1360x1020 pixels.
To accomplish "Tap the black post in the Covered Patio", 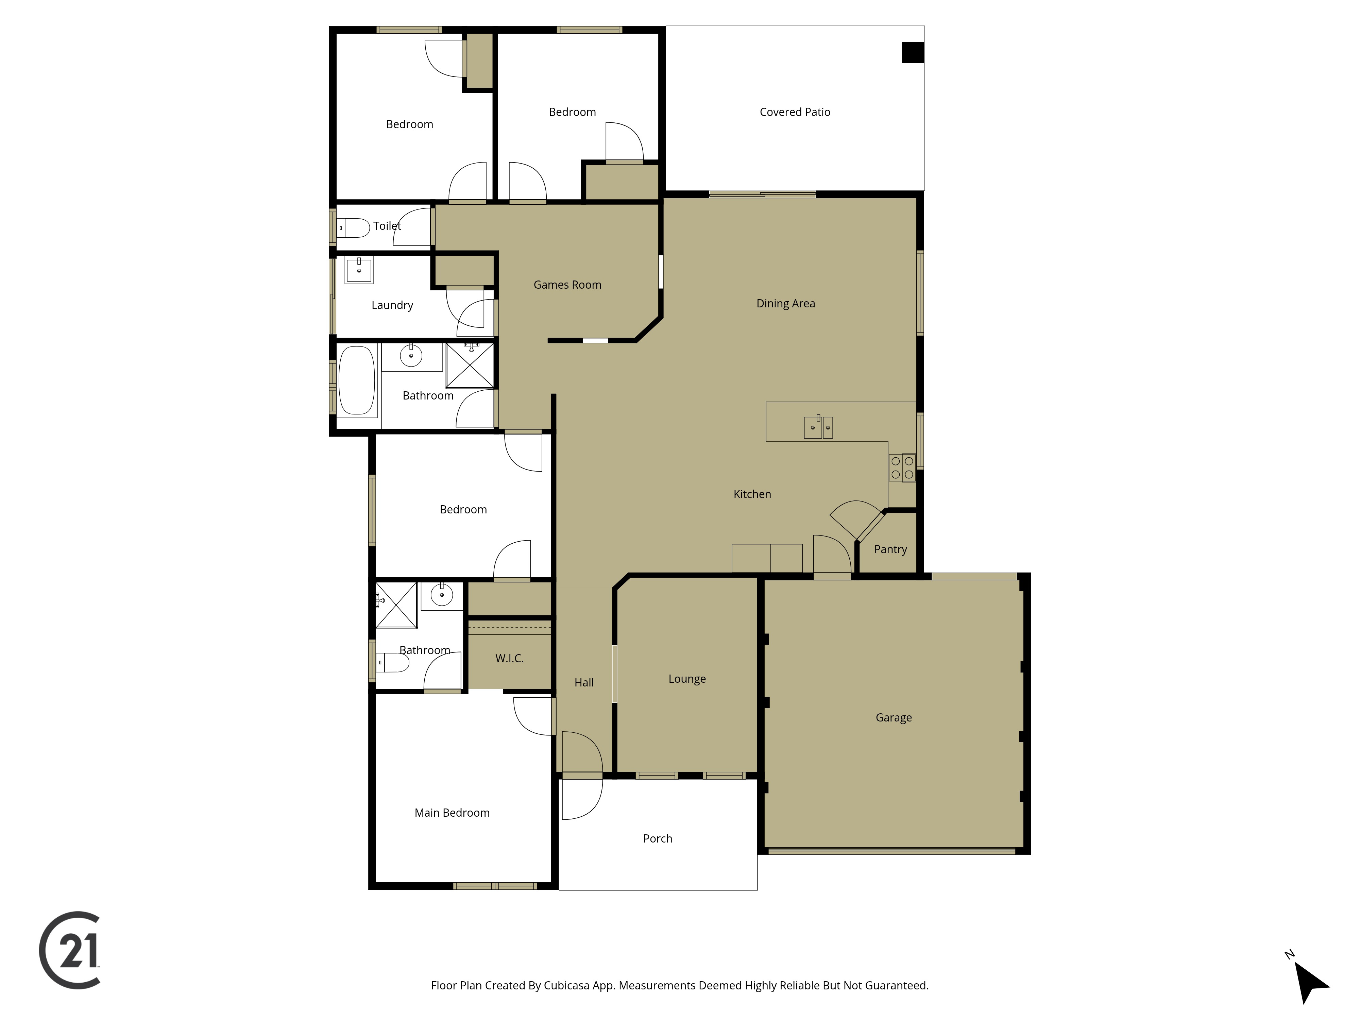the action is click(913, 52).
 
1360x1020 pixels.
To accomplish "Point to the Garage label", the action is click(893, 717).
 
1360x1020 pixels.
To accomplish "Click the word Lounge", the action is click(687, 679).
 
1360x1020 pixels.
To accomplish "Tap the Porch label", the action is click(657, 839).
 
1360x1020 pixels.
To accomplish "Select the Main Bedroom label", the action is click(452, 813).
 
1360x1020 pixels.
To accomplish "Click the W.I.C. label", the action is click(509, 659).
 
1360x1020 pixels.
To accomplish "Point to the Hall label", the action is click(583, 682).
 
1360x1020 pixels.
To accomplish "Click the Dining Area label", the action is click(785, 303).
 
